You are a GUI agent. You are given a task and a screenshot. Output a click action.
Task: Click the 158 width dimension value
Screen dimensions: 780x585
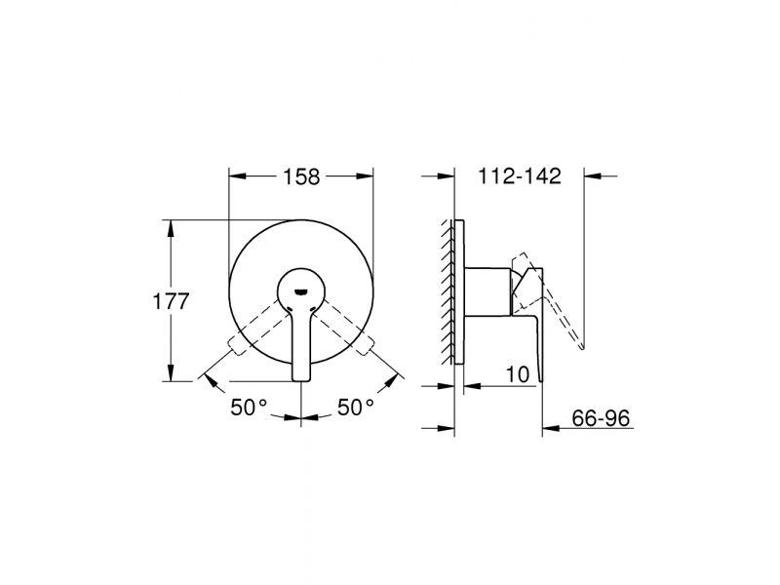(301, 176)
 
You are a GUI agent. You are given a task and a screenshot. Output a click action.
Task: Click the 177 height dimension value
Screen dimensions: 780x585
(171, 301)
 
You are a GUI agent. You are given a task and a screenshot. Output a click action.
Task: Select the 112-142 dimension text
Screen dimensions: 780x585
(520, 176)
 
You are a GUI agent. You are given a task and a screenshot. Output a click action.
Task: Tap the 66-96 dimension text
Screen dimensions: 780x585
(601, 418)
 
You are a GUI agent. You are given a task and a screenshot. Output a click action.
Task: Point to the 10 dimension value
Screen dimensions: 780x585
(518, 374)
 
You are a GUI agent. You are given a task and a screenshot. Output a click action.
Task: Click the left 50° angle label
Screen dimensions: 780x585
(249, 408)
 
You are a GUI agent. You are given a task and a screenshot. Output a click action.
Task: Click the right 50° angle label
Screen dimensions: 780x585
(356, 408)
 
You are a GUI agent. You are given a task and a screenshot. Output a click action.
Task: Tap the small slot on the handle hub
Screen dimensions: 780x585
(301, 292)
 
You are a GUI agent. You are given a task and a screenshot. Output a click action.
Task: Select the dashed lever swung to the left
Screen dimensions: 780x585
(255, 329)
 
